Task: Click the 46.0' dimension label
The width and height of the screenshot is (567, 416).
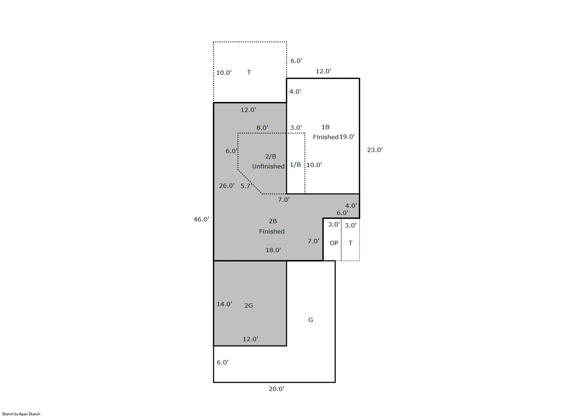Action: tap(201, 219)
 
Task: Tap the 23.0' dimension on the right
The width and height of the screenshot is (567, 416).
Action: tap(375, 150)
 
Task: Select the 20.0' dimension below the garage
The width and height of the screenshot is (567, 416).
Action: tap(277, 389)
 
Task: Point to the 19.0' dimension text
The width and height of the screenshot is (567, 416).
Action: tap(347, 137)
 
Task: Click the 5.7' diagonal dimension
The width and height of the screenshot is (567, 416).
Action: tap(246, 186)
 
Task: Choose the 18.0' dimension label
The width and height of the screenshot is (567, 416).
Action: tap(273, 250)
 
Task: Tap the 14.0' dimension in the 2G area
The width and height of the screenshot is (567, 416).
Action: tap(224, 304)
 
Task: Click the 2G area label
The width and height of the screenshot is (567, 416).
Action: tap(249, 305)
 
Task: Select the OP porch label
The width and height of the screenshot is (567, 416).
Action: tap(334, 243)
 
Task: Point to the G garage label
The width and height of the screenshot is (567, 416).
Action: tap(311, 320)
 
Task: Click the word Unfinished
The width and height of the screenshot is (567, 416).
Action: tap(268, 166)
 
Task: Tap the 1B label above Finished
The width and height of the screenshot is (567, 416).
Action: tap(325, 127)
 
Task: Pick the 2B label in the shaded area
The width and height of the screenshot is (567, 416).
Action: tap(273, 221)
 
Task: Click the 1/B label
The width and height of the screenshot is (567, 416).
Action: tap(295, 165)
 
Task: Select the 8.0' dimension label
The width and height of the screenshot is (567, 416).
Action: tap(262, 128)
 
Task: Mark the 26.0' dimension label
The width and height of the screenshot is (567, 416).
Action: tap(227, 186)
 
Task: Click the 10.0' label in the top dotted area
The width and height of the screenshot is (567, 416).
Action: tap(224, 73)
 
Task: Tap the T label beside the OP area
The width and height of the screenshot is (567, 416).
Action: tap(351, 243)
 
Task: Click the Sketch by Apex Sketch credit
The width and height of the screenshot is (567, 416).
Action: tap(21, 414)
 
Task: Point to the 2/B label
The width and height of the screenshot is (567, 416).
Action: tap(270, 156)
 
